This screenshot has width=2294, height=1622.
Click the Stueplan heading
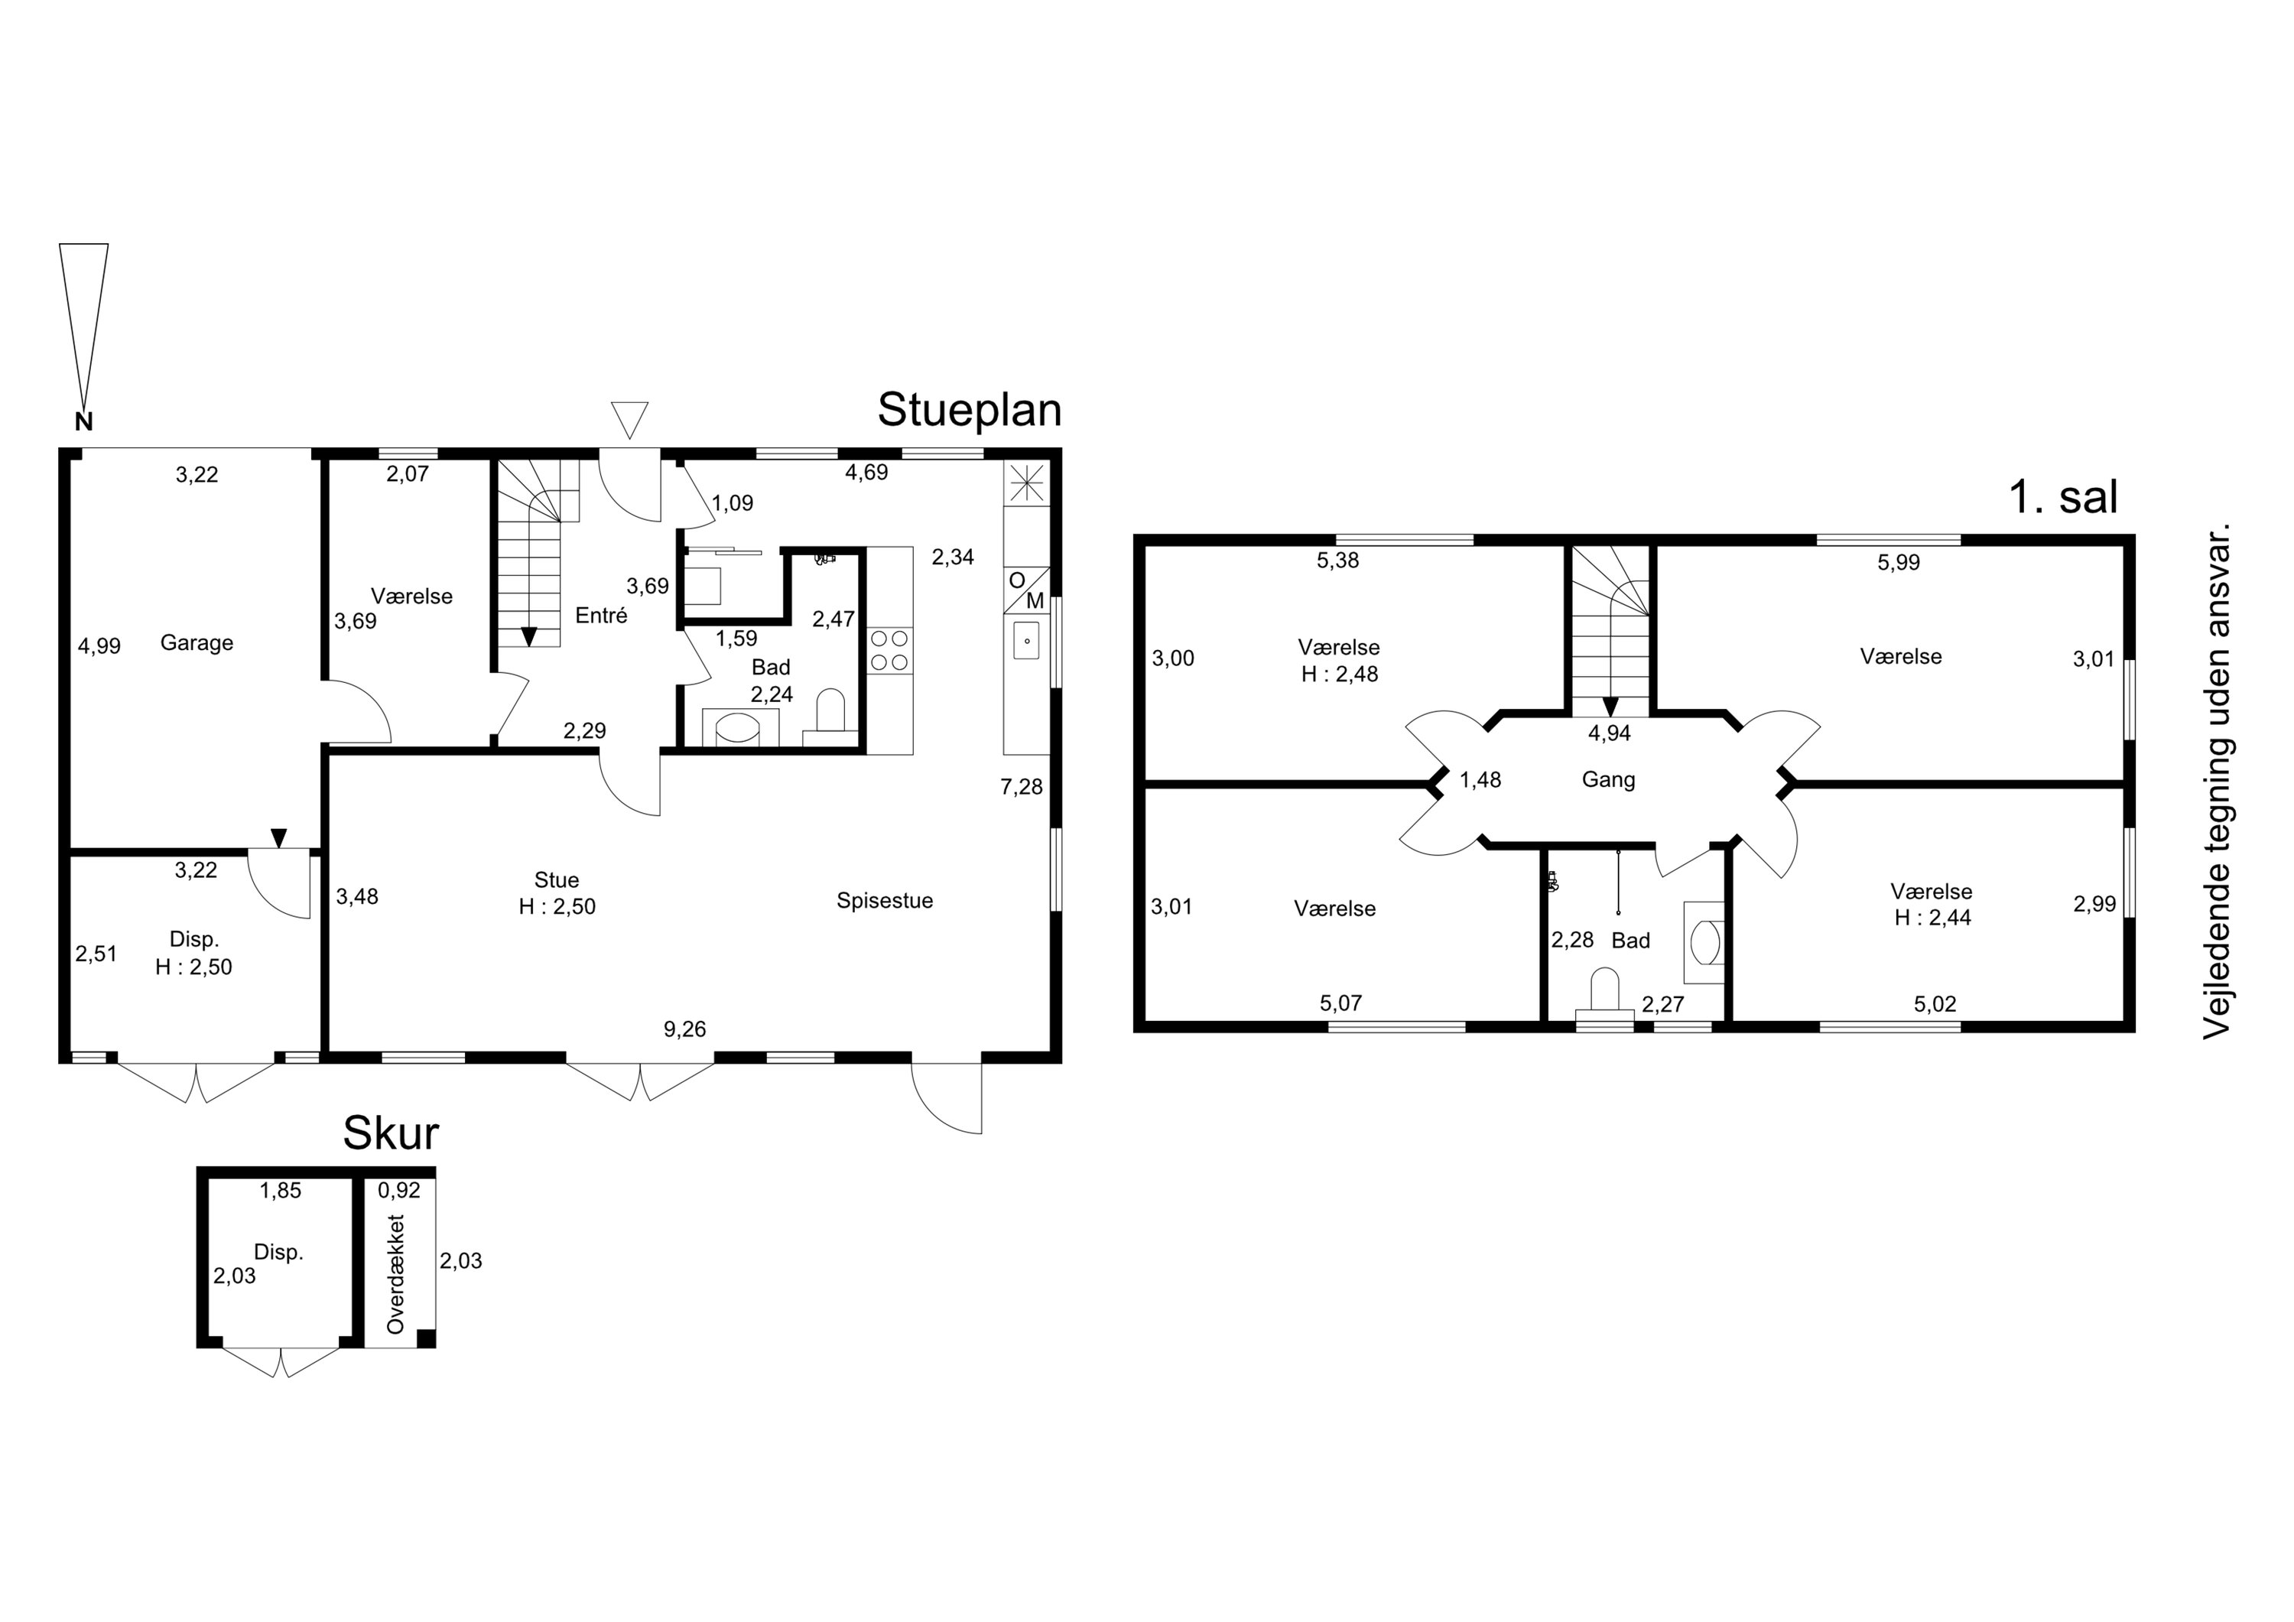pyautogui.click(x=969, y=411)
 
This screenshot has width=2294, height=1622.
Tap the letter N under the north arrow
pyautogui.click(x=84, y=421)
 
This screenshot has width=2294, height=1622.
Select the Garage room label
pyautogui.click(x=197, y=642)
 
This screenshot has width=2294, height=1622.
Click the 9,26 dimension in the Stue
pyautogui.click(x=684, y=1029)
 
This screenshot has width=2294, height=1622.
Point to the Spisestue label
pyautogui.click(x=885, y=900)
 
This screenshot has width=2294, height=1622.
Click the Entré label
pyautogui.click(x=602, y=616)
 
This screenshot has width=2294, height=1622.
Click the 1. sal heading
pyautogui.click(x=2062, y=498)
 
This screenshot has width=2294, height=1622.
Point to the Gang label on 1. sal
pyautogui.click(x=1609, y=779)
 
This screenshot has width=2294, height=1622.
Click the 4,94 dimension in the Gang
pyautogui.click(x=1610, y=733)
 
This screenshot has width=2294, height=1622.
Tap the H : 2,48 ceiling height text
pyautogui.click(x=1340, y=674)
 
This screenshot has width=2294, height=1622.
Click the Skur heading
pyautogui.click(x=391, y=1133)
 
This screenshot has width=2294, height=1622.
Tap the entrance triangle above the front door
pyautogui.click(x=629, y=420)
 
